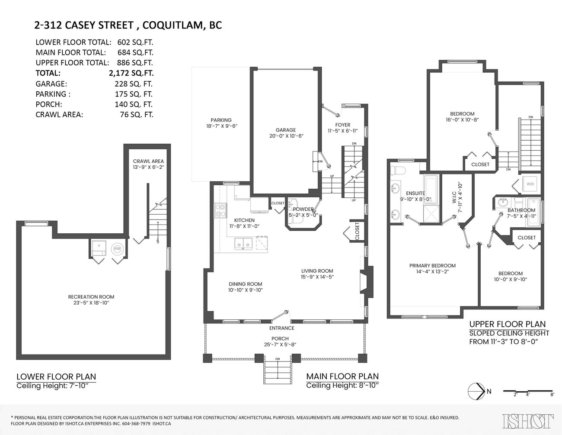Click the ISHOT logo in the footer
pos(528,421)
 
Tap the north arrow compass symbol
pos(476,391)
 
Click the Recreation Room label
pos(91,297)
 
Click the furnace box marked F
pos(98,248)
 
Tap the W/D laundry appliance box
pos(530,184)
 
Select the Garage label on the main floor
pos(286,130)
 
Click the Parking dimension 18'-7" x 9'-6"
pos(222,126)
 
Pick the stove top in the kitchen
pos(220,210)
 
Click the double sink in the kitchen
pos(243,244)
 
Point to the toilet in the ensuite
pos(398,170)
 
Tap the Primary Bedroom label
pos(432,266)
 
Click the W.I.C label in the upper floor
pos(453,201)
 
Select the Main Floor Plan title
pos(342,377)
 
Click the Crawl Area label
pos(148,161)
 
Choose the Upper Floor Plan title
pos(507,324)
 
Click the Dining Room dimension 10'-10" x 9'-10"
pos(246,290)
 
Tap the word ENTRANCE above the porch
pos(281,328)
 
